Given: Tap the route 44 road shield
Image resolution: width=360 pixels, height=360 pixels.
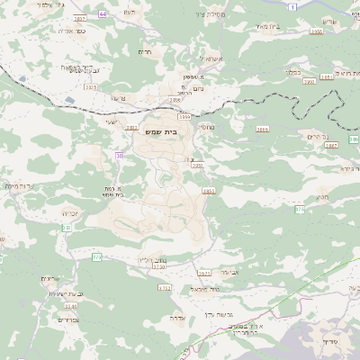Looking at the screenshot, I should [103, 14].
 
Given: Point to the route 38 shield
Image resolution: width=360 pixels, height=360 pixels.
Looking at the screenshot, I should [119, 156].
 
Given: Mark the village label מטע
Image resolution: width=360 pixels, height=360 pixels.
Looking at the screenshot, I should [322, 197].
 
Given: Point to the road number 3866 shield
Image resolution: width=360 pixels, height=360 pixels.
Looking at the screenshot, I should [263, 129].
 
